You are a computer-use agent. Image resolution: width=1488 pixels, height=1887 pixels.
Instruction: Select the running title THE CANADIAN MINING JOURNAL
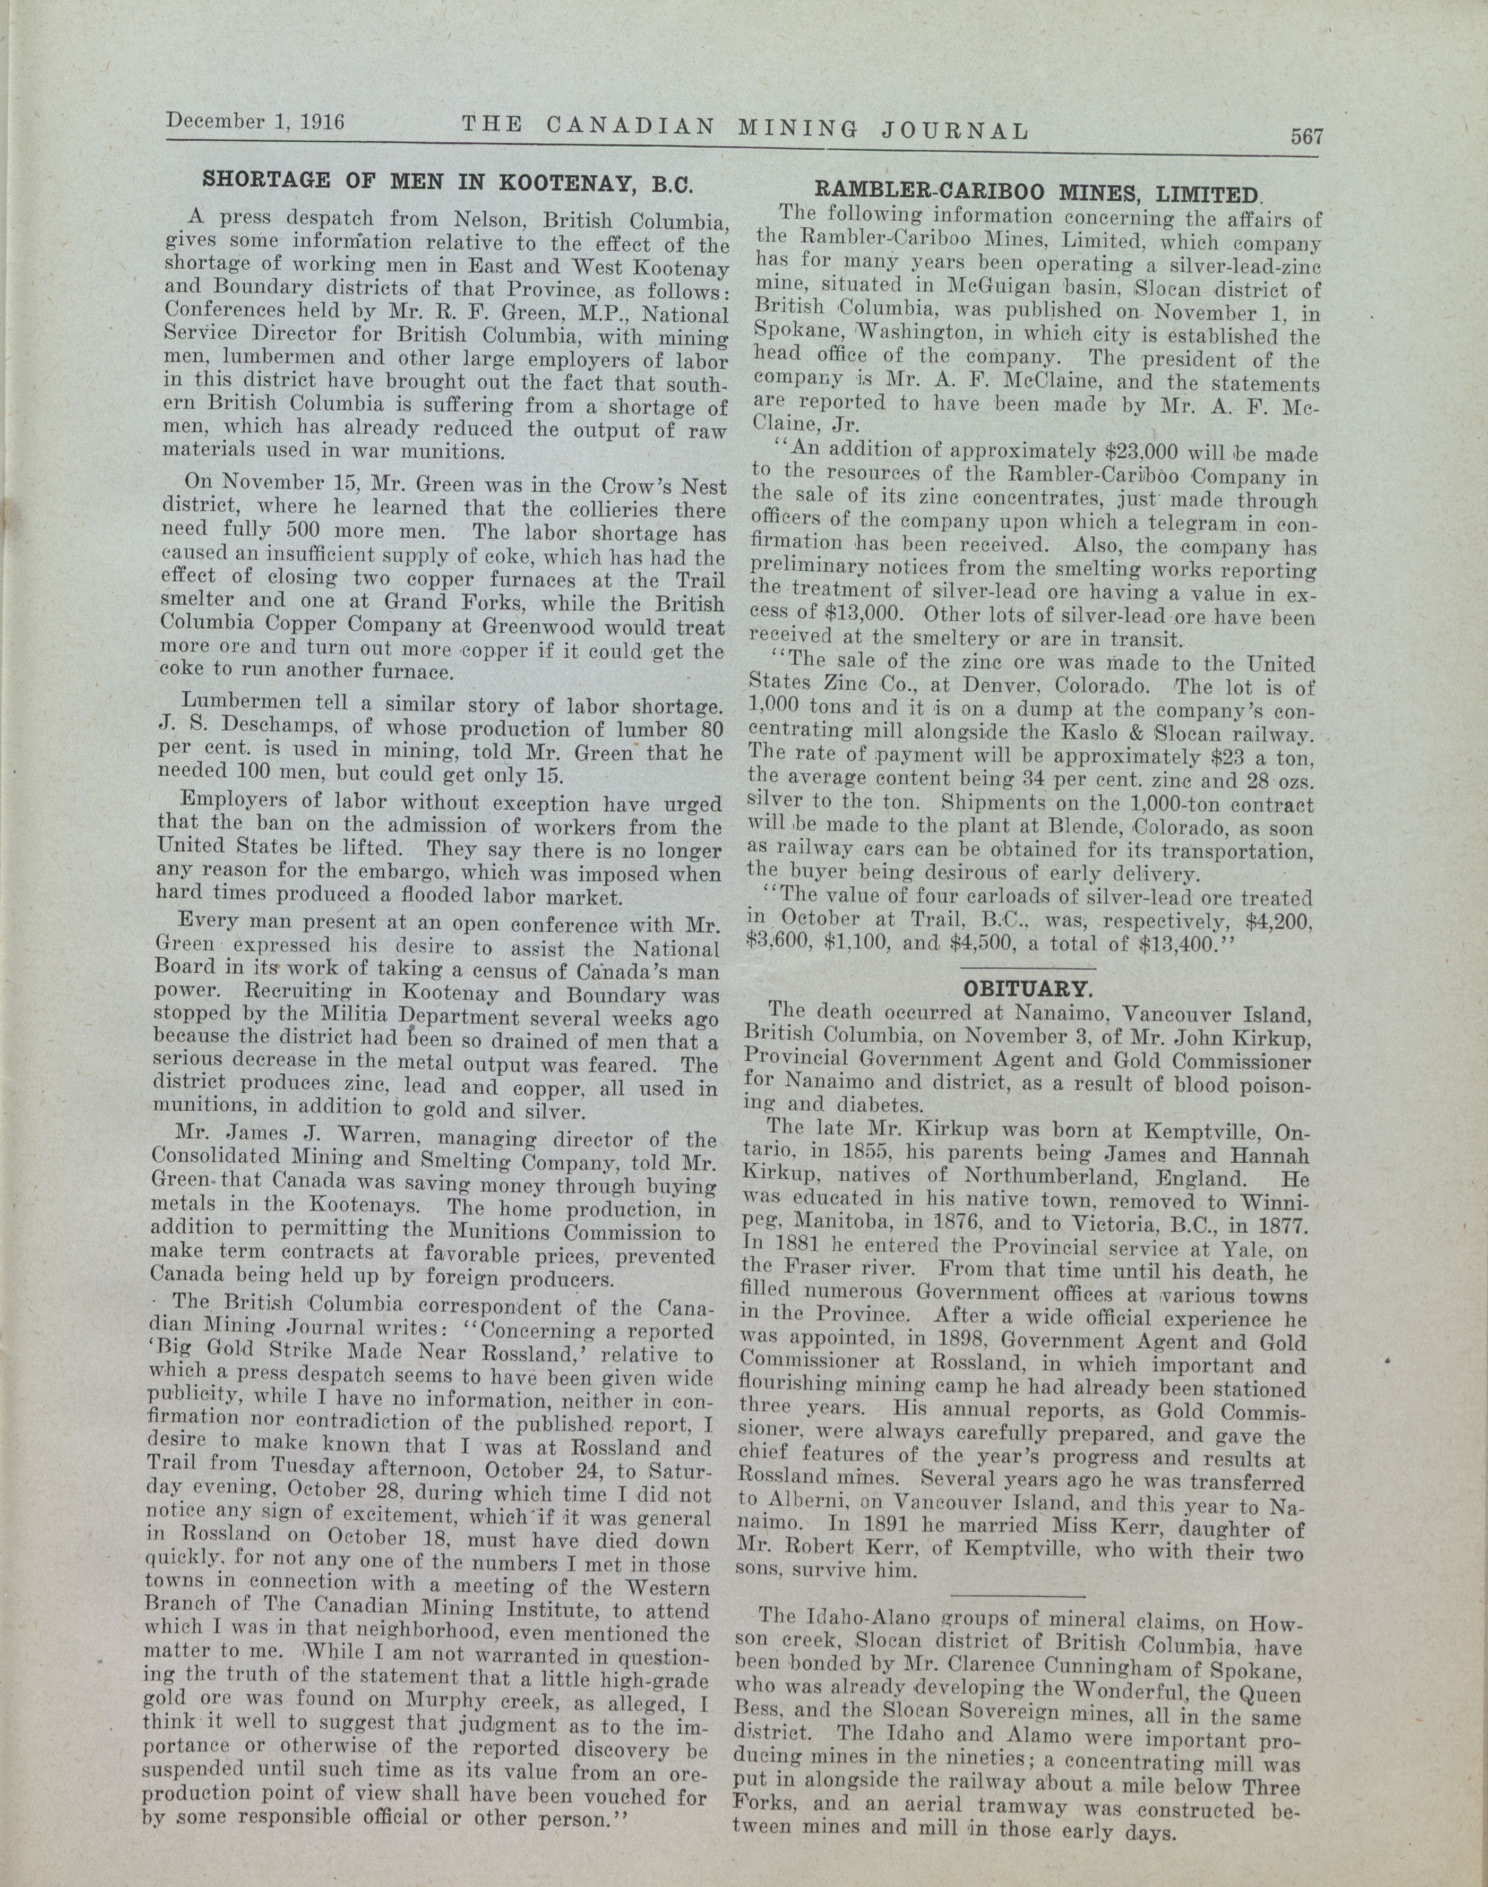(745, 127)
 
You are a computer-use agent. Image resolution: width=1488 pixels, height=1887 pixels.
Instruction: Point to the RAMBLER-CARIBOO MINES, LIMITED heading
(1037, 193)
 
